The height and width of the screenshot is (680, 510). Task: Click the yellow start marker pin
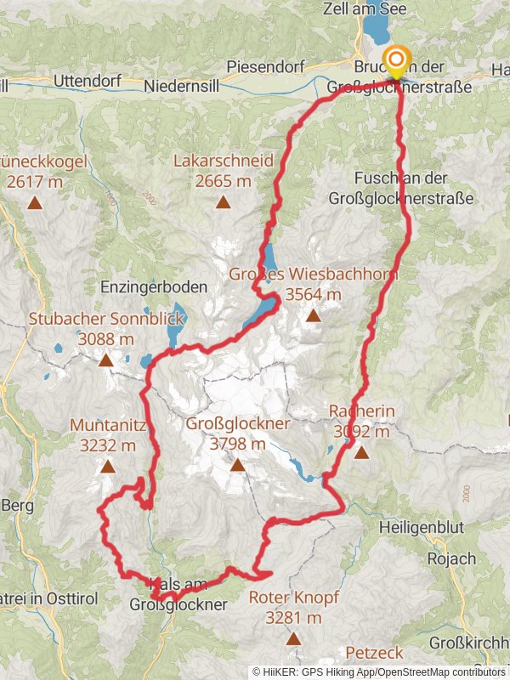(x=396, y=59)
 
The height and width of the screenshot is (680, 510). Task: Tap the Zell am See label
(x=389, y=8)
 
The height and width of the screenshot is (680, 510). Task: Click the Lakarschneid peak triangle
(x=223, y=202)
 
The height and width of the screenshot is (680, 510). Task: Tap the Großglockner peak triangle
(x=237, y=465)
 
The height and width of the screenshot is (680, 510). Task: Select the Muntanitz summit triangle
(x=107, y=466)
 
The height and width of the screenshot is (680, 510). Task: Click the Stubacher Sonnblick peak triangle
(x=105, y=360)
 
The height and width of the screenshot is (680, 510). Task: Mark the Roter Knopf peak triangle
(x=293, y=638)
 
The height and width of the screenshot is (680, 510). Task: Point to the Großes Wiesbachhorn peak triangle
(x=313, y=316)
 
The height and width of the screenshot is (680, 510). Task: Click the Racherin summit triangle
(x=362, y=452)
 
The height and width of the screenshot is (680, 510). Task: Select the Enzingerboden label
(x=154, y=287)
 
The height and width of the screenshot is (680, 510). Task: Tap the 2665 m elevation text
(x=223, y=180)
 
